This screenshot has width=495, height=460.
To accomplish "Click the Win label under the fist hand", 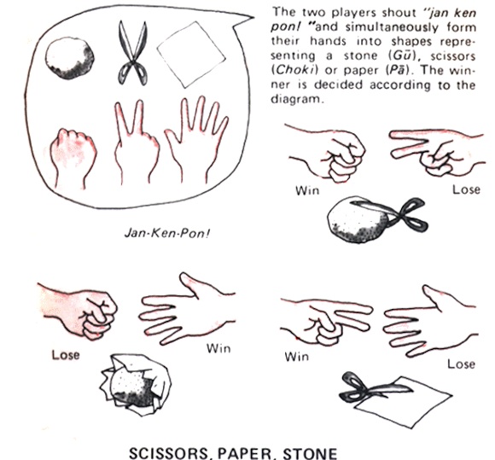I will tap(307, 190).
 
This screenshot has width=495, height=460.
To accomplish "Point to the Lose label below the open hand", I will tap(462, 364).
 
